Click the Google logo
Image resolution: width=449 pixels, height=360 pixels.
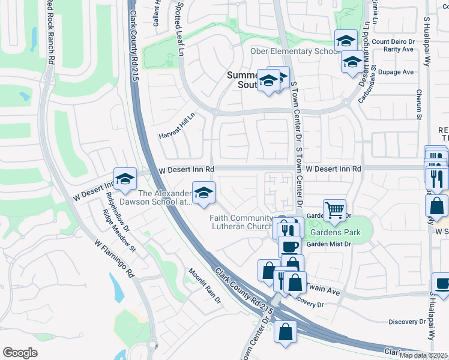20,353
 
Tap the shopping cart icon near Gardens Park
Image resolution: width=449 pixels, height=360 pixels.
334,210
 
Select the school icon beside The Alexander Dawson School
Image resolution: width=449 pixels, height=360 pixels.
203,193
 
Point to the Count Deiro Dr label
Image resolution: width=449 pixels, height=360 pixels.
393,41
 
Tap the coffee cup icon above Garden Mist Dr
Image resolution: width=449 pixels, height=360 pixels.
289,246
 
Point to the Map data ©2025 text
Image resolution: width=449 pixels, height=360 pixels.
424,355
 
